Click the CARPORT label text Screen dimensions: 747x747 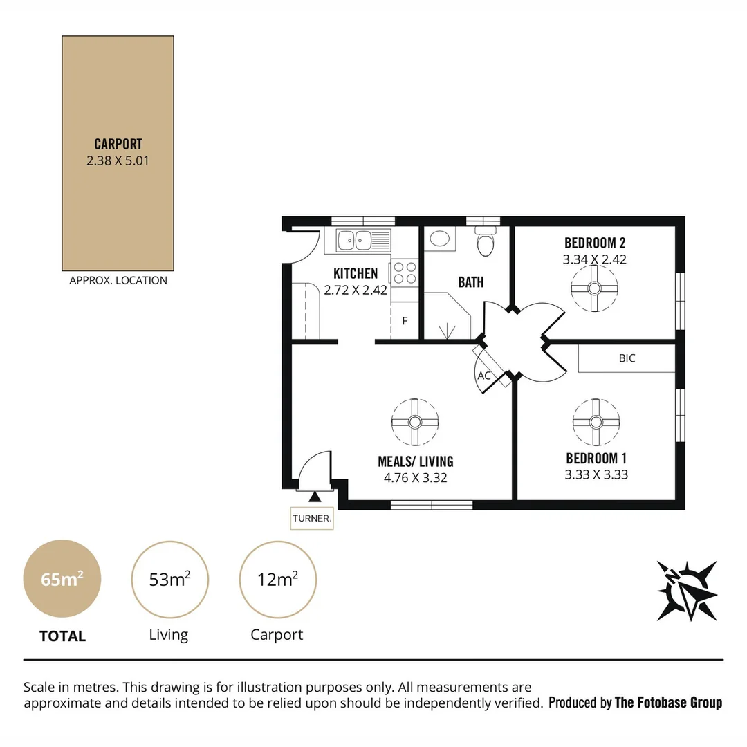[118, 144]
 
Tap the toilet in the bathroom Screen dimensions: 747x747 [486, 241]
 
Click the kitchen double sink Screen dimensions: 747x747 [354, 241]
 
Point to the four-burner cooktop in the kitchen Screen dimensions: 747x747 [405, 272]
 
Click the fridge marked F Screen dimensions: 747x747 [405, 321]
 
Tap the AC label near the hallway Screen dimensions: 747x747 [484, 376]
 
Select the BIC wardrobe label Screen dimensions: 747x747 [627, 358]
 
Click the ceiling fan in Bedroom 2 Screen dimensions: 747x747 [594, 288]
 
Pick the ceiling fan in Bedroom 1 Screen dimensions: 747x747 [596, 422]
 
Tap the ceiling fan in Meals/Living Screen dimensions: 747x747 [415, 422]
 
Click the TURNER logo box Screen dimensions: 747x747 [312, 517]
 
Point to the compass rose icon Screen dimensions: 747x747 [686, 590]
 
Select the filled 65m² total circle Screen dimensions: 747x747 [62, 579]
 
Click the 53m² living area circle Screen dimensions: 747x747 [169, 579]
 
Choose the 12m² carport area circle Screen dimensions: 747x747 [277, 579]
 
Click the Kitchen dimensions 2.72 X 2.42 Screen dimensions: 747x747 [356, 290]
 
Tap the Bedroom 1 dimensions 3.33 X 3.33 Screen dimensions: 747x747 [596, 474]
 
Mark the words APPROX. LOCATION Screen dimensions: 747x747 [118, 280]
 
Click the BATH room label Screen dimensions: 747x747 [471, 282]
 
